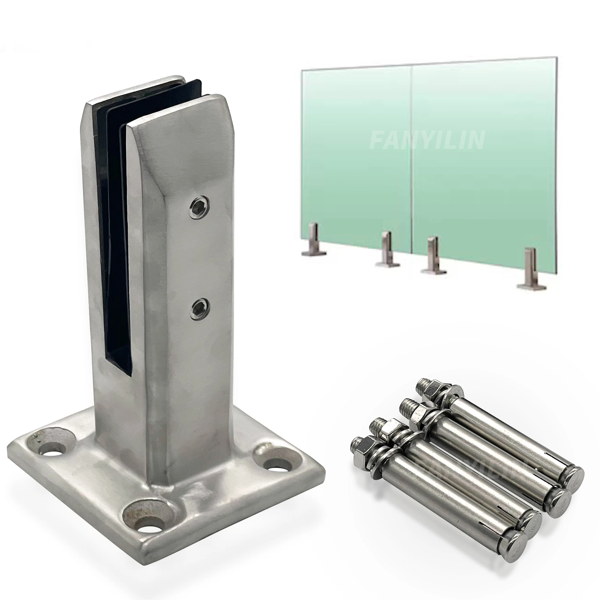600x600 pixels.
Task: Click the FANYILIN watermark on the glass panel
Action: pyautogui.click(x=427, y=140)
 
